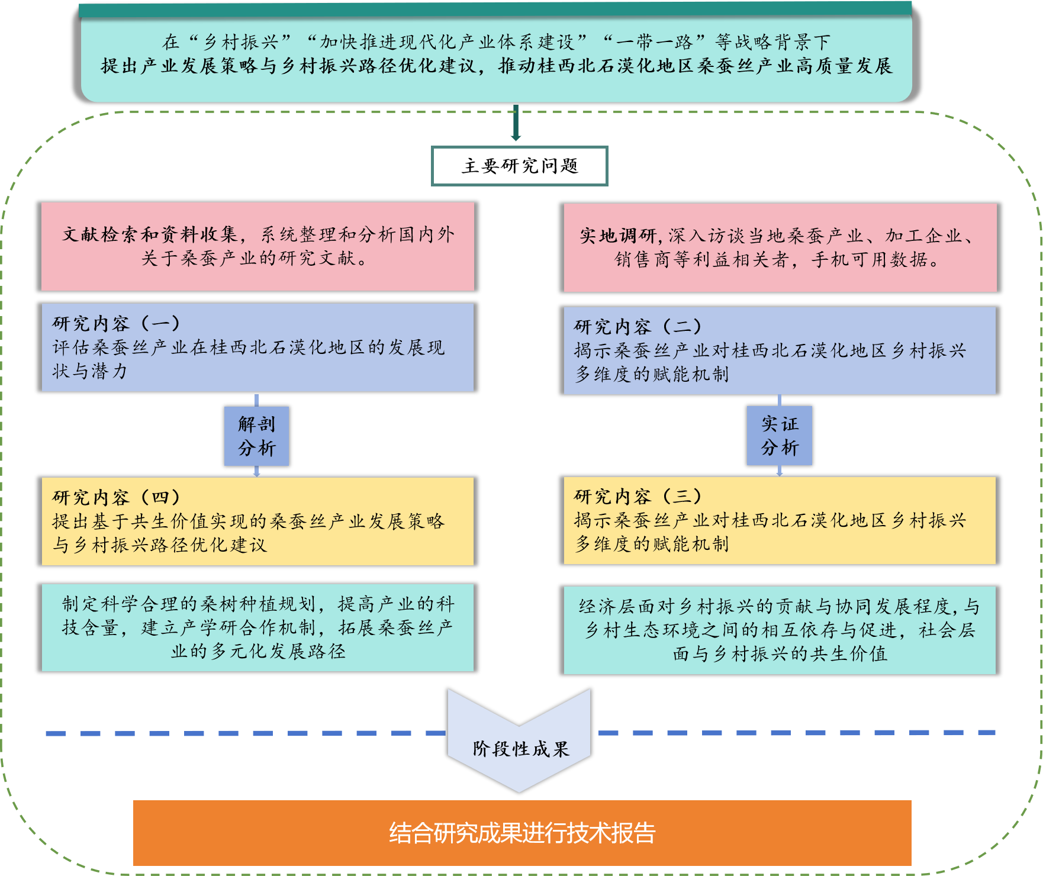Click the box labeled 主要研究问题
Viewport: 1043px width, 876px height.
pos(519,166)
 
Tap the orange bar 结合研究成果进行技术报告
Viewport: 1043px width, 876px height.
pos(521,833)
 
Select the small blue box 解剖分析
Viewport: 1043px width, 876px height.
pos(256,436)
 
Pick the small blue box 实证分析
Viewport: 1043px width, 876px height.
pos(779,436)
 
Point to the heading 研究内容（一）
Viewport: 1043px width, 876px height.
pos(116,323)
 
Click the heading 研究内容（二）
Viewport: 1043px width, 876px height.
pos(638,326)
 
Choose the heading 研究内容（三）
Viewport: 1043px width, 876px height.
pos(638,496)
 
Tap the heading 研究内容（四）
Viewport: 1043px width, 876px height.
pos(116,497)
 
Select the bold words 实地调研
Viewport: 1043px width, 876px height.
pos(618,236)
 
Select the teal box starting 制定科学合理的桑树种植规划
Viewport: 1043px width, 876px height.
pos(257,627)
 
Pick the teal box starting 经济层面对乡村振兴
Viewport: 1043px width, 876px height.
pos(780,630)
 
